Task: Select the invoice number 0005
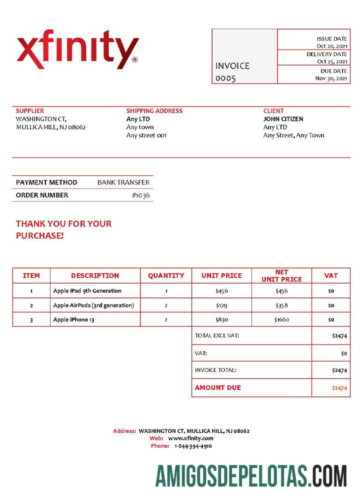(x=225, y=78)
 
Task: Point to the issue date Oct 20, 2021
(x=332, y=46)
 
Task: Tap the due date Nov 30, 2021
(x=331, y=78)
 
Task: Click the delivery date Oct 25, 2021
(x=332, y=61)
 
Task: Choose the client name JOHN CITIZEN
(x=283, y=119)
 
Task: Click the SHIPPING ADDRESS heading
(x=154, y=111)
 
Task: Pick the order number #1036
(x=140, y=195)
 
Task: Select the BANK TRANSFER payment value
(x=123, y=182)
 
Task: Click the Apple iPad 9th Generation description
(x=87, y=290)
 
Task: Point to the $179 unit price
(x=221, y=305)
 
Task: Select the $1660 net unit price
(x=281, y=319)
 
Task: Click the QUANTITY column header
(x=166, y=275)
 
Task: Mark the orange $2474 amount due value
(x=339, y=388)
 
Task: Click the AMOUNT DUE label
(x=218, y=387)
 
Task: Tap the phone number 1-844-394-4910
(x=193, y=446)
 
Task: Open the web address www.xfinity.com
(x=190, y=438)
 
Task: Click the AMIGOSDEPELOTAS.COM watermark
(x=251, y=475)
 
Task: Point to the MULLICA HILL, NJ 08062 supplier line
(x=51, y=127)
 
